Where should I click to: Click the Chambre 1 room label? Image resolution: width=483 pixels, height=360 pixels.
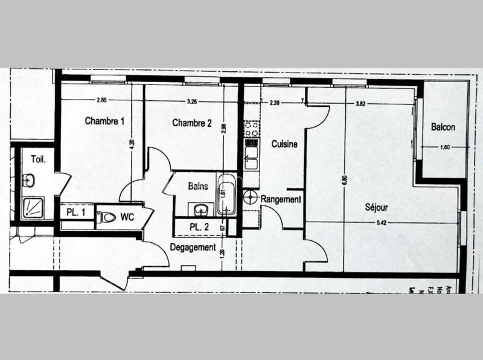tap(104, 121)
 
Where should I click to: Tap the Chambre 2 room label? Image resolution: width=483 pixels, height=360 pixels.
tap(192, 123)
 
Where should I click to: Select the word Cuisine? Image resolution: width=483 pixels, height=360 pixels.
tap(284, 144)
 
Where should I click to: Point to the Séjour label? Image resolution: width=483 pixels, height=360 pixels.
tap(376, 208)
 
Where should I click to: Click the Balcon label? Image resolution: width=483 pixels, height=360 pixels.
tap(443, 127)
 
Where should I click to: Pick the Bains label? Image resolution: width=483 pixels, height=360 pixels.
tap(198, 186)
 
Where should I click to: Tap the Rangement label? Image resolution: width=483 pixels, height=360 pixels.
tap(281, 199)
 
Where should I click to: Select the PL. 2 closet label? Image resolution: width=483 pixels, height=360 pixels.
tap(199, 227)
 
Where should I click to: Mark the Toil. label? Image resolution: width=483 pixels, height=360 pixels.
tap(39, 159)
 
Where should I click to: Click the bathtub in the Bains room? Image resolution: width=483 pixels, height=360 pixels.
tap(228, 193)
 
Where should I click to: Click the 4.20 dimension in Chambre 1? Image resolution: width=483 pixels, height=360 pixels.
tap(132, 145)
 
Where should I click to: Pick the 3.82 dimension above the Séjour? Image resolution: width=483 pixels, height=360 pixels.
tap(362, 103)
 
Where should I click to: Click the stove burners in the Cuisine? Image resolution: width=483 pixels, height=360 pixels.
tap(250, 129)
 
